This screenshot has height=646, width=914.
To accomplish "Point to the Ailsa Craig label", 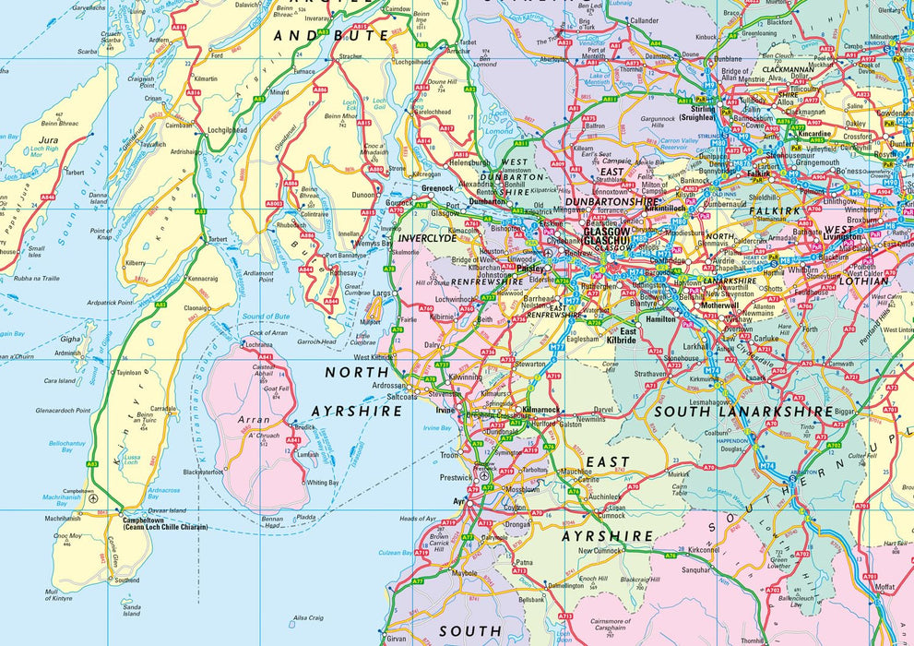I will coord(307,618).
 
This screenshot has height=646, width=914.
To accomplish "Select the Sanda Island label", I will coord(133,609).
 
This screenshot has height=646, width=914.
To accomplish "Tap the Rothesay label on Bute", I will coord(342,272).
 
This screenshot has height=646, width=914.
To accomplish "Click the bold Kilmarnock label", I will coord(540,408).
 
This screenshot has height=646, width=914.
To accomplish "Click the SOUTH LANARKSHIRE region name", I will coord(742,412).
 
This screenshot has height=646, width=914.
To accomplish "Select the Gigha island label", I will coord(70,339).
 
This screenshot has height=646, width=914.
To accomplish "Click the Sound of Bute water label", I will coord(266,317).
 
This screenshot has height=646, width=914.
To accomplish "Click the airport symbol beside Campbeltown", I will coord(93,497).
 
